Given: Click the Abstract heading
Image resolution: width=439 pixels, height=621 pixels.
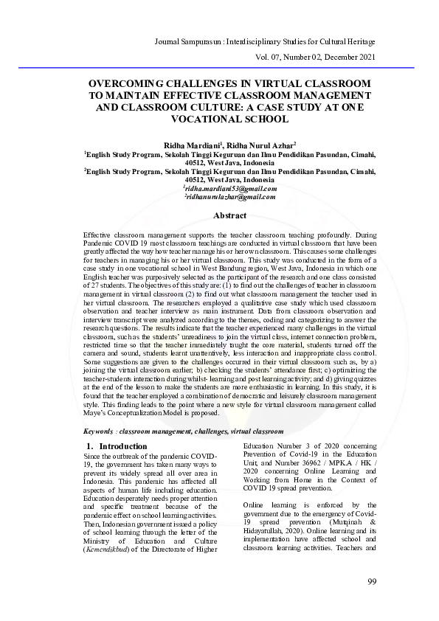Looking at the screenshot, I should [229, 215].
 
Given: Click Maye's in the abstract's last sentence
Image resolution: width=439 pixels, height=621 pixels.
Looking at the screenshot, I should [97, 414].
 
